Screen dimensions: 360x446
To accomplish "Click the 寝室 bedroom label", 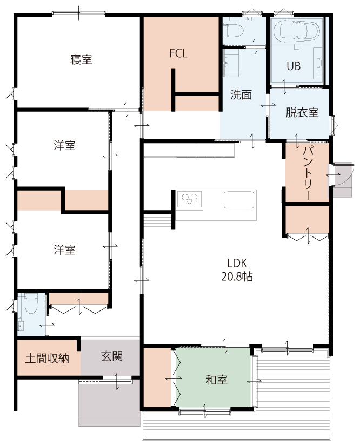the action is [x=81, y=60].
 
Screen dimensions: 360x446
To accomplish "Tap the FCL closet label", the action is [x=178, y=53].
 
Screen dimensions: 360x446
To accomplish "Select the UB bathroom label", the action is [x=294, y=66].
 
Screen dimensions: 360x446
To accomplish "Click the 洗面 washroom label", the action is [x=241, y=94].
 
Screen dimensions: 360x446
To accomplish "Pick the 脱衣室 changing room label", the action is [x=302, y=113].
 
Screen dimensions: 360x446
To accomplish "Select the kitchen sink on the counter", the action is [x=239, y=200].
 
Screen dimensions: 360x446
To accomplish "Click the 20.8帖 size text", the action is [x=237, y=276].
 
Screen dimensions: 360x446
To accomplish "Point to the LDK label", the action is [x=237, y=263].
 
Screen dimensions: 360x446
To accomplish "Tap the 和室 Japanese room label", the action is [x=216, y=380].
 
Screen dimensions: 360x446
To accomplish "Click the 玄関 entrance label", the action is [x=112, y=356].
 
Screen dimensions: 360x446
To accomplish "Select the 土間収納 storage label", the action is [x=47, y=359].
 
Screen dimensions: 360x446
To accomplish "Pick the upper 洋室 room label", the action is [x=65, y=145].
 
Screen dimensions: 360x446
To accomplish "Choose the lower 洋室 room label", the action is [x=65, y=249].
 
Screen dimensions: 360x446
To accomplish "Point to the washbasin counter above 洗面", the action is [x=231, y=63].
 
